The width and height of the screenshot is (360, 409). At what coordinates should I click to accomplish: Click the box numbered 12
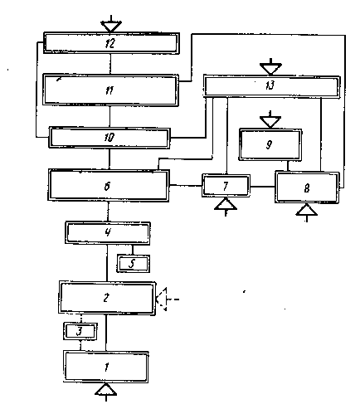pos(111,43)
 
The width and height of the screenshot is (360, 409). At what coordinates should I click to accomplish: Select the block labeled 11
pos(110,90)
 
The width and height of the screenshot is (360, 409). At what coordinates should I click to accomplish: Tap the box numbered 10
pos(109,138)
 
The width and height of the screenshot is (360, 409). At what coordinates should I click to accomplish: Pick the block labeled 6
pos(109,185)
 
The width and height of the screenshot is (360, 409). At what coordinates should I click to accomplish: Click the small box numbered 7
pos(226,185)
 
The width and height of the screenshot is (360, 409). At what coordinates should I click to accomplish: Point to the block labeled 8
pos(307,187)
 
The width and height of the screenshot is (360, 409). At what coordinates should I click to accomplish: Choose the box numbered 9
pos(270,144)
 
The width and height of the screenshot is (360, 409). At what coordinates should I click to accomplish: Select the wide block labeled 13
pos(272,86)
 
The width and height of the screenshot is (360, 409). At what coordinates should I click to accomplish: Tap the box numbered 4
pos(108,233)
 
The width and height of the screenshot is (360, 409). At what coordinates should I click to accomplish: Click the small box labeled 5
pos(133,264)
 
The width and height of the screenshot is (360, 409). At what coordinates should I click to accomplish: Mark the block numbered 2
pos(107,298)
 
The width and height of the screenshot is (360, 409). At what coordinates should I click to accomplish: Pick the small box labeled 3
pos(80,331)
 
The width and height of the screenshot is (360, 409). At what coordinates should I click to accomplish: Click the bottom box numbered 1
pos(106,367)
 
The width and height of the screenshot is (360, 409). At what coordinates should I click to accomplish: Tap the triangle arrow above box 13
pos(270,67)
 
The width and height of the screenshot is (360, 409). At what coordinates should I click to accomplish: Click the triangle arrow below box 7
pos(226,207)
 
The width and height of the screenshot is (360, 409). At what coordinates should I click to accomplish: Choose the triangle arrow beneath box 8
pos(306,212)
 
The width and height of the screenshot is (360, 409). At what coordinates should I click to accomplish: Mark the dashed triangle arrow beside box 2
pos(165,299)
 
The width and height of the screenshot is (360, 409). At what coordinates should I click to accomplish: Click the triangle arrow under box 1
pos(106,392)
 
